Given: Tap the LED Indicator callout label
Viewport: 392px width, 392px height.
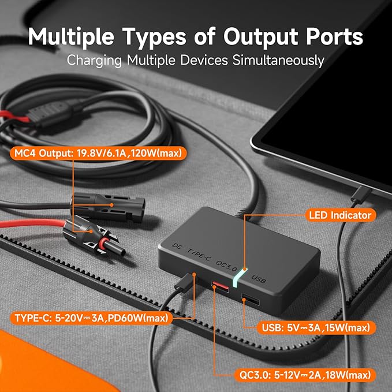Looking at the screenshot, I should point(339,215).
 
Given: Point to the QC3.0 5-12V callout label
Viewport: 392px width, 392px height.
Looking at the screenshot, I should point(300,376).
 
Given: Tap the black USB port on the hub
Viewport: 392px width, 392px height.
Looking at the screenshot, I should point(250,299).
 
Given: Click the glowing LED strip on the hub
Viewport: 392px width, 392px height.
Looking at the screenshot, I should point(238,277).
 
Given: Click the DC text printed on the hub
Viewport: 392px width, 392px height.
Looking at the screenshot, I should point(177,247).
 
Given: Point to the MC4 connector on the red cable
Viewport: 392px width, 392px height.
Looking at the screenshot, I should point(87,231).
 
